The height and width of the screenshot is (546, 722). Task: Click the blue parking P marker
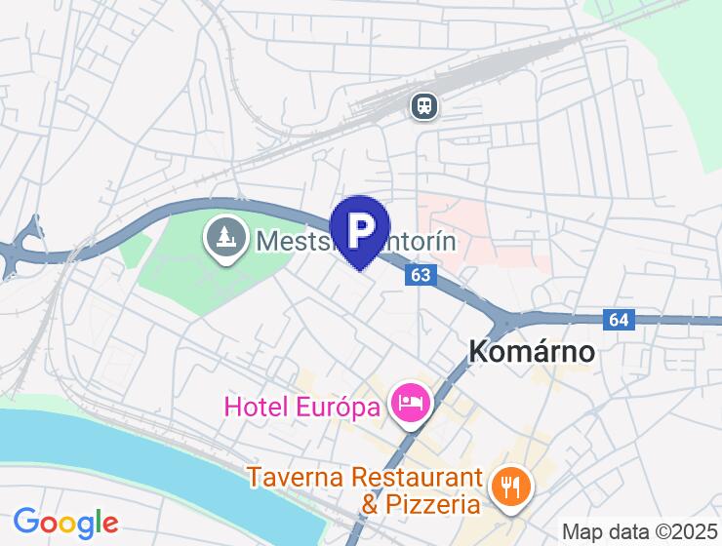pos(361,229)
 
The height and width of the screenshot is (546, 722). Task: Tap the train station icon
pos(423,104)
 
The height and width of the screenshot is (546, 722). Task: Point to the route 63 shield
pos(421,276)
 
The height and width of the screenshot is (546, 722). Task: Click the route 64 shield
pos(618,319)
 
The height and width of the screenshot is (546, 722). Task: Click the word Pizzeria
pos(432,504)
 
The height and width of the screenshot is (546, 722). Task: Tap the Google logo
pos(65,523)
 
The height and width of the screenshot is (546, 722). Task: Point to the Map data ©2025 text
pos(640,532)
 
